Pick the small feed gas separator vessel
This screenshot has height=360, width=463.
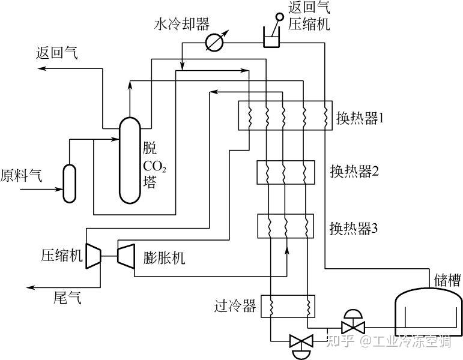[70, 183]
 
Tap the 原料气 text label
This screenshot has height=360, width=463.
[21, 175]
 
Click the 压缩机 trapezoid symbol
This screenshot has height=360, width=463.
[92, 256]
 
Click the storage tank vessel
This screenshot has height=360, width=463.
[426, 315]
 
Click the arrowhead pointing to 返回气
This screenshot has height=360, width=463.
[41, 70]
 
